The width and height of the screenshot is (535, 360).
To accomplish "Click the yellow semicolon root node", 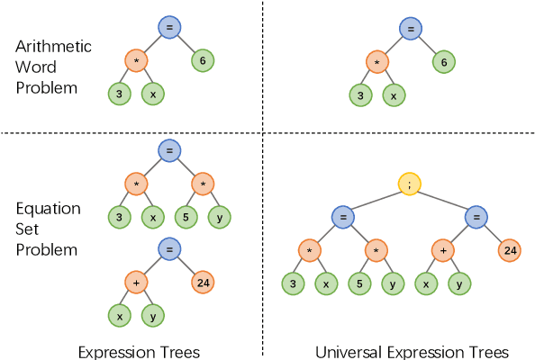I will tap(411, 184).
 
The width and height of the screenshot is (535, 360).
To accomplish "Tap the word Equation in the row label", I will tap(49, 208).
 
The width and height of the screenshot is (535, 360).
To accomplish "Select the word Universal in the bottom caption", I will tap(351, 351).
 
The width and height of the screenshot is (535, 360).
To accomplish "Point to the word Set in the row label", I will tap(29, 228).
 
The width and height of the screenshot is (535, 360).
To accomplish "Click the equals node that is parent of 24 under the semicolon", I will tap(476, 217).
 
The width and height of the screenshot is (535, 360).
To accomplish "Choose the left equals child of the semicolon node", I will tap(342, 217).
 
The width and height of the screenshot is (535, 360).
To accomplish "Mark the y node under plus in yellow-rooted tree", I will tap(459, 283).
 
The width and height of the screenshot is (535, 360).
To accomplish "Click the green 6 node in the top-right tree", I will tap(443, 62).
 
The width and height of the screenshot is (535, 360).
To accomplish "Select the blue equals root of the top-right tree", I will tap(411, 30).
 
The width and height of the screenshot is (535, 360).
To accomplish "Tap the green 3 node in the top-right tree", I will tap(360, 94).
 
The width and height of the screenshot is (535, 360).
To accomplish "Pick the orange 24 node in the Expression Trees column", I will tap(202, 283).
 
